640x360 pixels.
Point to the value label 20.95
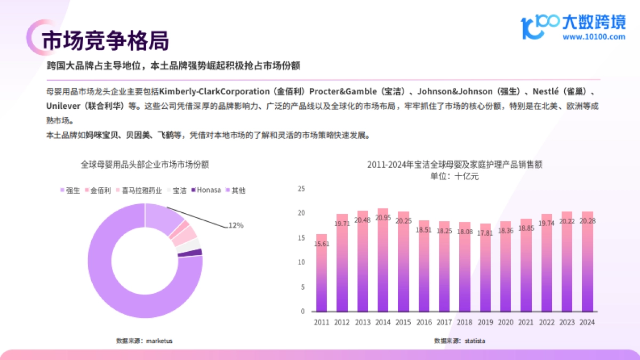(x=383, y=218)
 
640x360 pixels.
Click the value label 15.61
(x=322, y=243)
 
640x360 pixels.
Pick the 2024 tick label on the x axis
(x=587, y=322)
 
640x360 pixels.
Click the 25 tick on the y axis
(x=301, y=189)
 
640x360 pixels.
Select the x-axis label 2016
(x=423, y=322)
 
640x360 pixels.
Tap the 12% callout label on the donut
(x=236, y=226)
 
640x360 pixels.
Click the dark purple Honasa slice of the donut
(x=197, y=252)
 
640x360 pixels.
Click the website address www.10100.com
(x=594, y=37)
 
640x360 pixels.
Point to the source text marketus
(x=159, y=340)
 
